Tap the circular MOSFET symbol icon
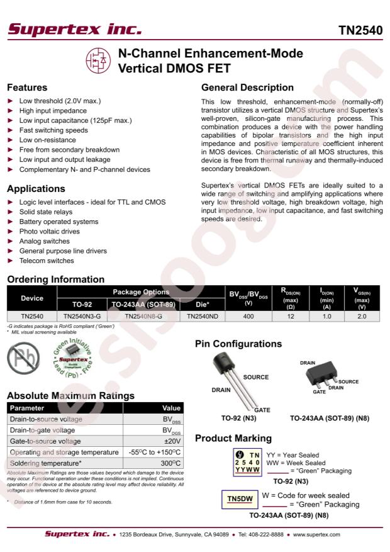[x=97, y=61]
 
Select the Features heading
[x=27, y=87]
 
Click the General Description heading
[x=247, y=87]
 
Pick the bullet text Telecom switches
[x=47, y=261]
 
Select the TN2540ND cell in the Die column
[x=202, y=317]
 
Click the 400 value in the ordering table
[x=248, y=317]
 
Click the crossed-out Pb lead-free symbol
[x=23, y=359]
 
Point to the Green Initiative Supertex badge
[x=74, y=361]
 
